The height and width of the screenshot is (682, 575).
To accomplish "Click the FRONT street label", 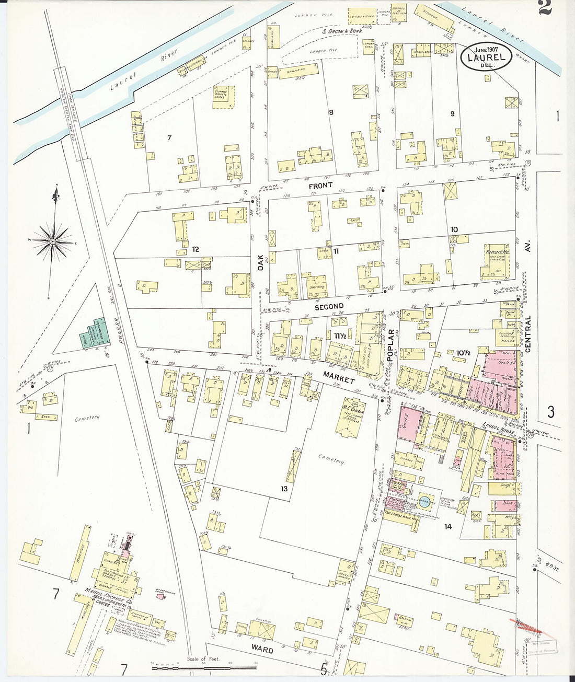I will tap(320, 186).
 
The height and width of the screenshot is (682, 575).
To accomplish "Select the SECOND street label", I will tap(329, 307).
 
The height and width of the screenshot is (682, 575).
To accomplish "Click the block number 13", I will tap(284, 489).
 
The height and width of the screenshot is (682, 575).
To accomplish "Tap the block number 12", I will tap(195, 249).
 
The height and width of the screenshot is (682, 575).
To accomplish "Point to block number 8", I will tap(331, 112).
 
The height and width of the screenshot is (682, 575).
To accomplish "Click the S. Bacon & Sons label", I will tap(342, 31).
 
